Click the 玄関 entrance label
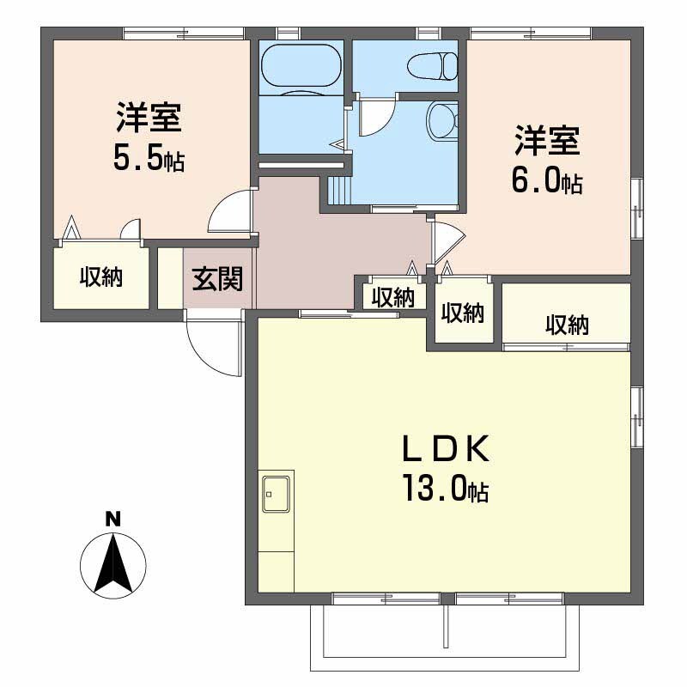tap(217, 279)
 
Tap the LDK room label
tap(447, 449)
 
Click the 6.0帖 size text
tap(548, 179)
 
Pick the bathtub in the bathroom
tap(301, 67)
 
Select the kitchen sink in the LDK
tap(276, 493)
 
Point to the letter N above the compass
tap(112, 519)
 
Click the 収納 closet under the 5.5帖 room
tap(101, 277)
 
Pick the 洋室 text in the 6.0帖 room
tap(548, 141)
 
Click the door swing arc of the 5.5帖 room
tap(231, 211)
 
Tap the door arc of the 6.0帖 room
tap(447, 244)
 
